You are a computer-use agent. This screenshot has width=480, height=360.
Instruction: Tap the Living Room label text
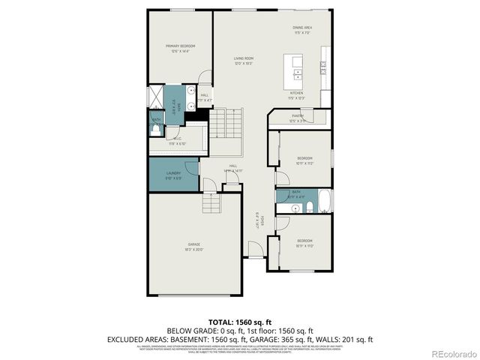[x=243, y=61]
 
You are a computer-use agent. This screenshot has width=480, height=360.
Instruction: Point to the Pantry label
[x=298, y=118]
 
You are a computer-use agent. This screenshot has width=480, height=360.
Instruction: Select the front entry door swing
[x=256, y=251]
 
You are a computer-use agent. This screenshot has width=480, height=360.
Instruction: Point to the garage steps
[x=211, y=203]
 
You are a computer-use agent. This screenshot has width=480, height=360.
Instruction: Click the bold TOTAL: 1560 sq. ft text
[x=239, y=321]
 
